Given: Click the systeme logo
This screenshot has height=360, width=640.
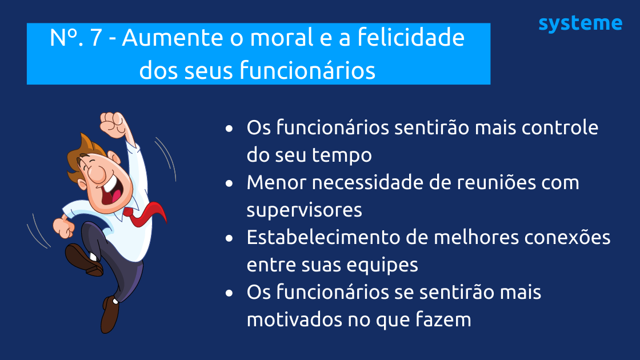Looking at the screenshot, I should pos(580,24).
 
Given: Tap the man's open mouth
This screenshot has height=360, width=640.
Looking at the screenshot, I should pos(112,195).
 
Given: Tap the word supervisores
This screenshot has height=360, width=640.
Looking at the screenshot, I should pos(304,210).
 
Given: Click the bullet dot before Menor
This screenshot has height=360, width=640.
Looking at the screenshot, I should pos(229,184).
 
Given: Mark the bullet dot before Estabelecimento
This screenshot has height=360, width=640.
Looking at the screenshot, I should pos(229,238).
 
